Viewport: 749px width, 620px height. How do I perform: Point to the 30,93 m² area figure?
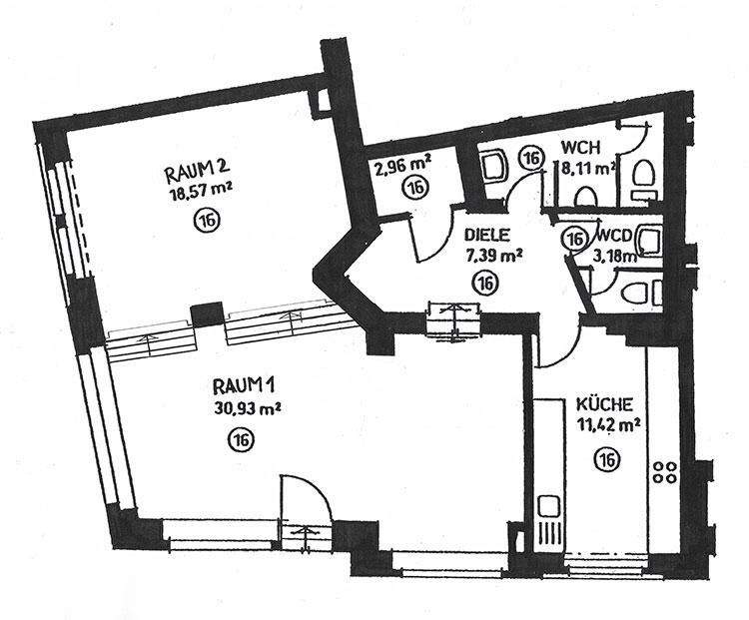coord(246,406)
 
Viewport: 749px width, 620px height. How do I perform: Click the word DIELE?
coord(487,237)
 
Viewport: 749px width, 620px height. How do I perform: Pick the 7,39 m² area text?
coord(494,255)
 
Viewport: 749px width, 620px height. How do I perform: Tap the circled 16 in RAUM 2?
coord(205,219)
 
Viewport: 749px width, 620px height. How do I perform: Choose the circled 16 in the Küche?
coord(604,458)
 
